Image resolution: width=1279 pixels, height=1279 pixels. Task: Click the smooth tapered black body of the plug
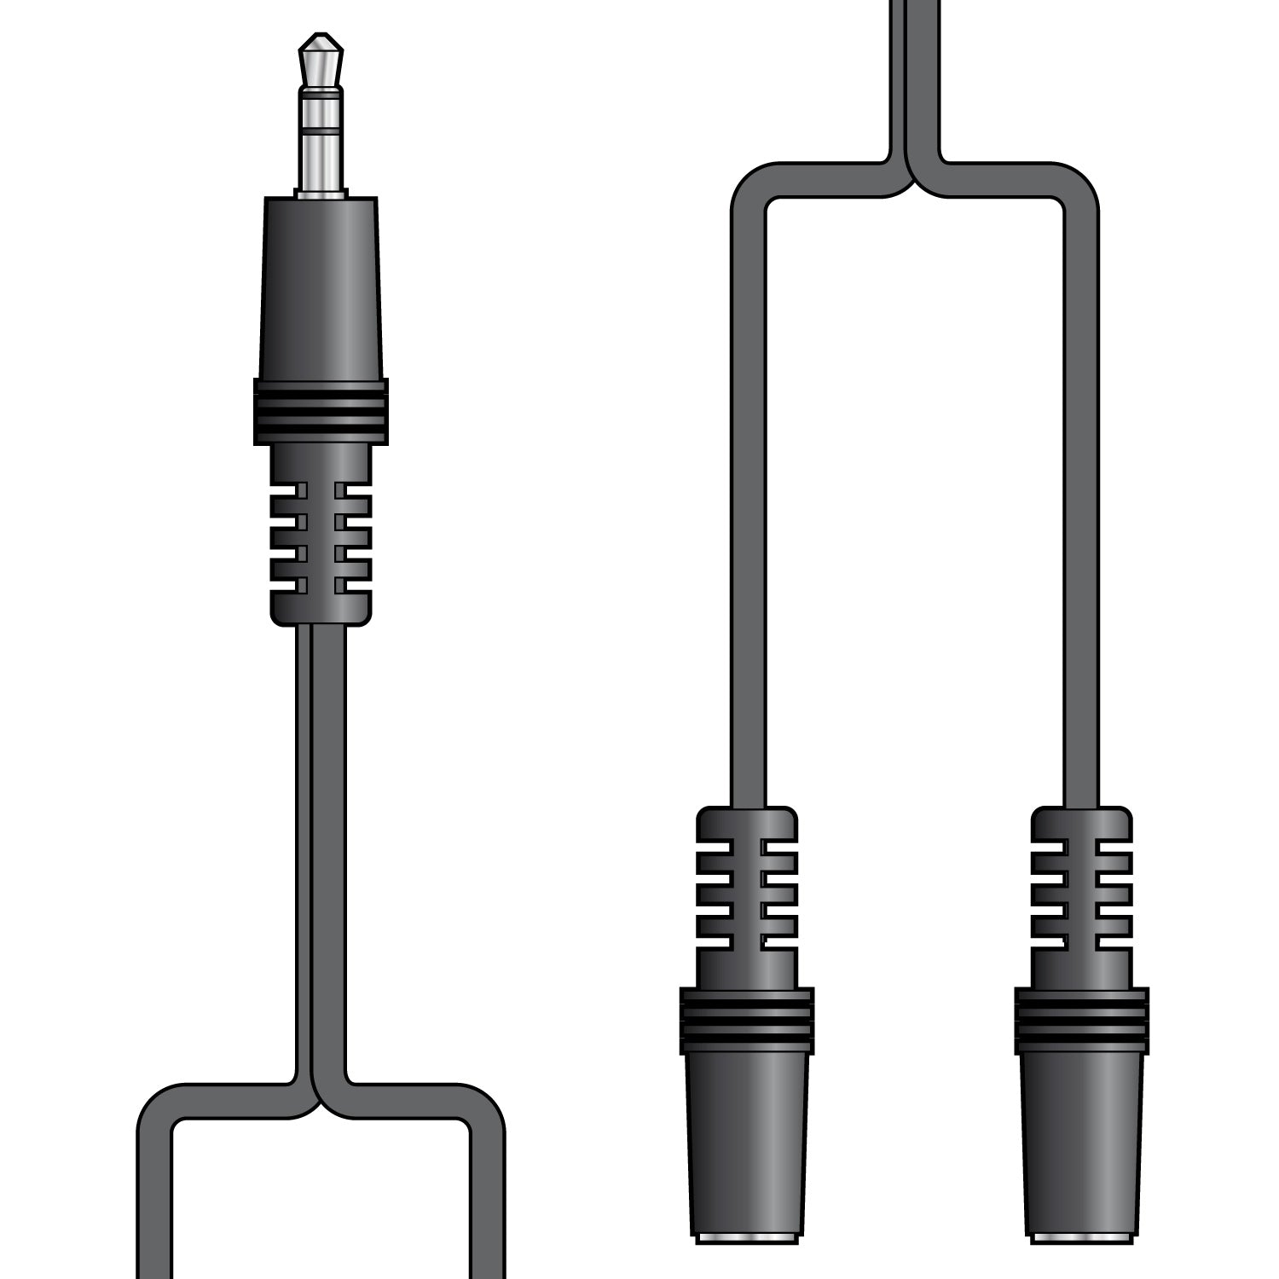tap(321, 290)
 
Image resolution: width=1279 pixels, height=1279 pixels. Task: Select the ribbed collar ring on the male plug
tap(321, 412)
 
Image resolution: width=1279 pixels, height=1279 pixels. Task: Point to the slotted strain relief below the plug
tap(321, 537)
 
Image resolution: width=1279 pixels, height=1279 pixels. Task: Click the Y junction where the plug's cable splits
tap(321, 1100)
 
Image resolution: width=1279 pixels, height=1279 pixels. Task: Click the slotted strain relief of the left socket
tap(747, 895)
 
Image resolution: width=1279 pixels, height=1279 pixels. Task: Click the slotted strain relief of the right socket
tap(1082, 895)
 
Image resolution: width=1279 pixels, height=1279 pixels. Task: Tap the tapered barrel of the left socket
tap(747, 1143)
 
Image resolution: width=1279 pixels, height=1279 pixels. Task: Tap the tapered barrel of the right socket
tap(1082, 1143)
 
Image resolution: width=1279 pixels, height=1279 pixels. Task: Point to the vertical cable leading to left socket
tap(748, 512)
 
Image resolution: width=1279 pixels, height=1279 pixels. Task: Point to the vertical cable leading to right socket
tap(1081, 512)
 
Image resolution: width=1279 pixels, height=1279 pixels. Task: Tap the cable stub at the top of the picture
tap(914, 68)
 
